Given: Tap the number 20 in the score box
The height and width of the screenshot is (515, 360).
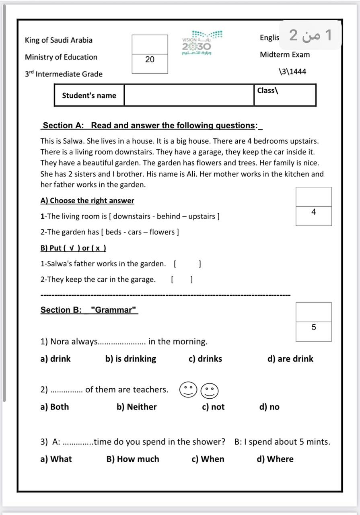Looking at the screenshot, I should (x=150, y=60).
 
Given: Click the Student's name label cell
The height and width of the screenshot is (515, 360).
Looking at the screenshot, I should (x=89, y=95).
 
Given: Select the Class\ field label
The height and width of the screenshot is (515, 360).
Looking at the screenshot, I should (x=268, y=91).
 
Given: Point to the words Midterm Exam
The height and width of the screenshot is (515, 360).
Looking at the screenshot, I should (x=285, y=55).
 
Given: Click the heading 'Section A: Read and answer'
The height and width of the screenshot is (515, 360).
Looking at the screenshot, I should (x=151, y=126).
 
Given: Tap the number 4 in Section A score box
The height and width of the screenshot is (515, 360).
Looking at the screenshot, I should (x=314, y=212).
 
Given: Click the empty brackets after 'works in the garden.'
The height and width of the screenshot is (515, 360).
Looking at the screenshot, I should (x=187, y=264).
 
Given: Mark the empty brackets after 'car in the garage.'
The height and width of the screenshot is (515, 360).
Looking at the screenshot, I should (x=181, y=280).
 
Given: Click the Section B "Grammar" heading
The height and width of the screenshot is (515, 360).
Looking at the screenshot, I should (x=89, y=310).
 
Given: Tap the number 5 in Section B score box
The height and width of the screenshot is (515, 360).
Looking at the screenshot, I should (x=314, y=328).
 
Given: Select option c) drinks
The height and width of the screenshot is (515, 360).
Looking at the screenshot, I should (x=205, y=359).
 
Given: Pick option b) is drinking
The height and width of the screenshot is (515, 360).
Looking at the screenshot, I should (x=131, y=359).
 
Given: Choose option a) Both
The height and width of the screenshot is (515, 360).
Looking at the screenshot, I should (x=55, y=407).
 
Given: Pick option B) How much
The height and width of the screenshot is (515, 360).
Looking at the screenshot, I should (x=133, y=459).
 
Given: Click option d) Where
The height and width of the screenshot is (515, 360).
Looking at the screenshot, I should (x=275, y=459).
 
